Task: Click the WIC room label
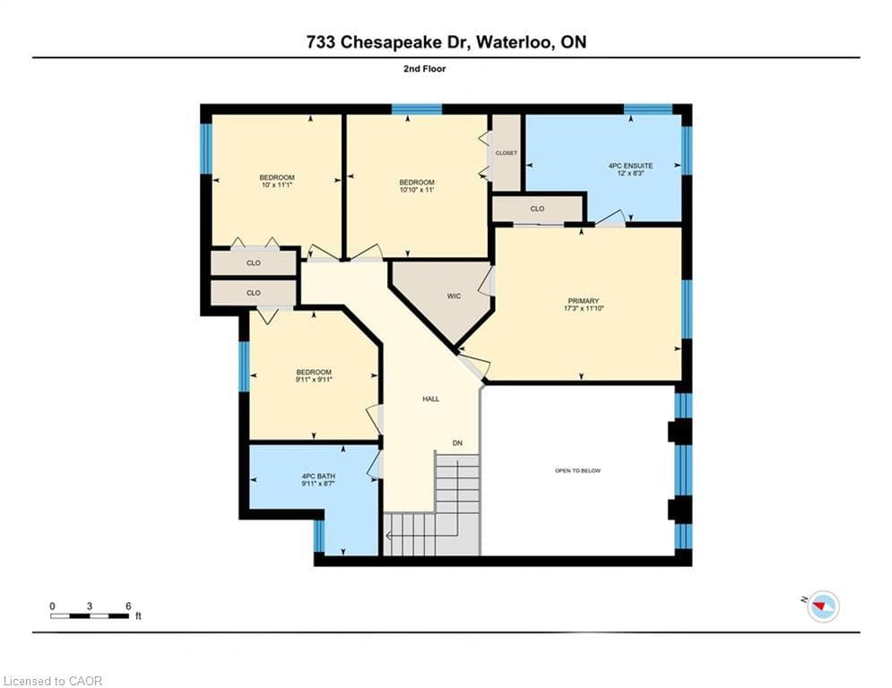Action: point(454,297)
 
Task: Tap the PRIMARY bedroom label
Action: point(584,301)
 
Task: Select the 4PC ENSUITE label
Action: point(631,166)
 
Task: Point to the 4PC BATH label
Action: point(318,476)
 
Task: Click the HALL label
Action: point(430,399)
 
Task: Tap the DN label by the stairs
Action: point(457,443)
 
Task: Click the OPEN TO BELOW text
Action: point(578,470)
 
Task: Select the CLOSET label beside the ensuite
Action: point(507,153)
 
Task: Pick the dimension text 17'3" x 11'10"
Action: point(584,308)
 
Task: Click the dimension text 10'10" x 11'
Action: point(417,190)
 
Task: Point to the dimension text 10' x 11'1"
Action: point(277,185)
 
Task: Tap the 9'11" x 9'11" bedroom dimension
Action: point(314,379)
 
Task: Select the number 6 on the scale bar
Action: point(128,606)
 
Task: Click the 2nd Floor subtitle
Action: point(425,69)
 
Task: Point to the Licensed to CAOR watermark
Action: point(52,681)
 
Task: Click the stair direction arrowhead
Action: point(388,536)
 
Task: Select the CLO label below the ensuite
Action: point(537,209)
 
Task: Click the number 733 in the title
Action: point(320,42)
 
